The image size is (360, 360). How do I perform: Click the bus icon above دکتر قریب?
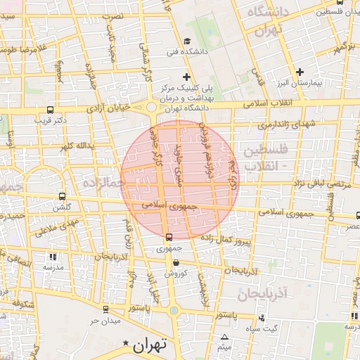50,110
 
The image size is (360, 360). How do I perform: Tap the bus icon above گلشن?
63,197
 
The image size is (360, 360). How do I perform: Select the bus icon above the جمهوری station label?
168,238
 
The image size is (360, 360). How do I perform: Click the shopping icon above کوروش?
176,263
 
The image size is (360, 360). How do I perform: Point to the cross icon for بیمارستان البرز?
300,72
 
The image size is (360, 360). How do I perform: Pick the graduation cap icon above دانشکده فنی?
186,41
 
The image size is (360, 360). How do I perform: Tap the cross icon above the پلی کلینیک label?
186,76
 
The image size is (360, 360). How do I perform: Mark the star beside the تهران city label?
126,343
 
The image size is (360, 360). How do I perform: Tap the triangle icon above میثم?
224,337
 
